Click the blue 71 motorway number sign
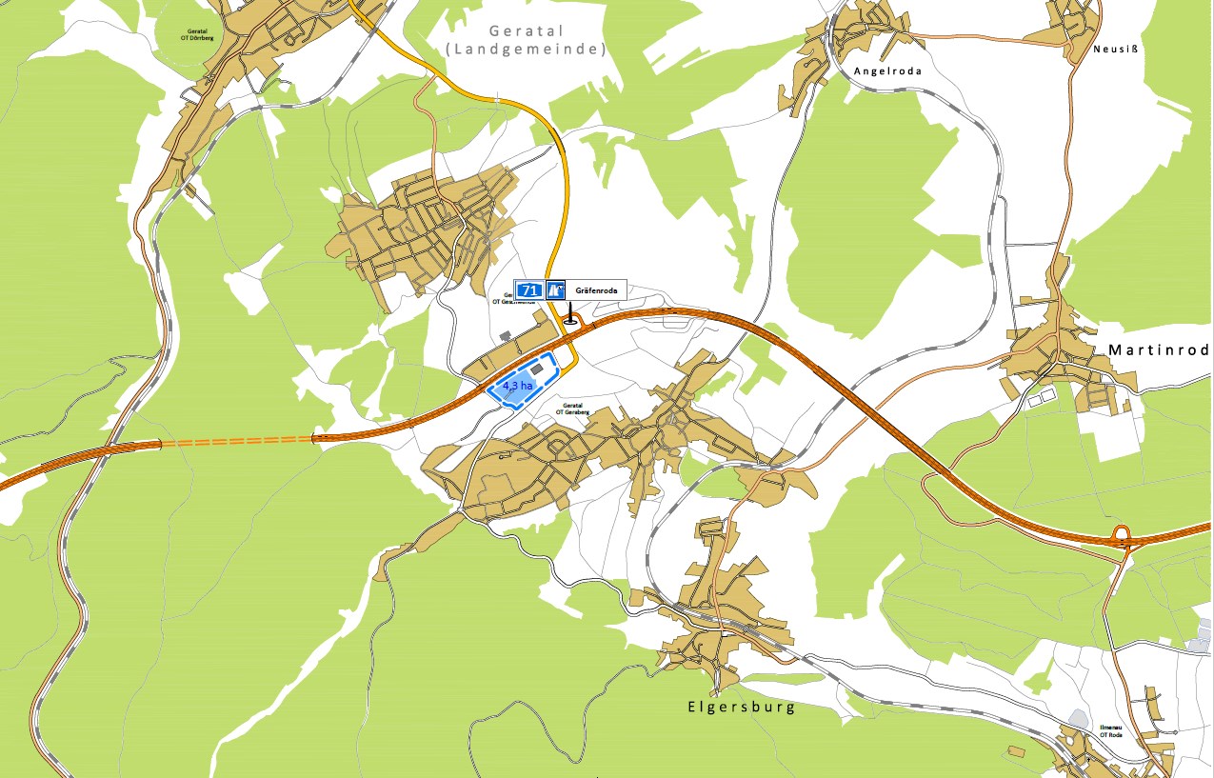[x=528, y=289]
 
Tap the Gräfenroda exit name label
[x=596, y=289]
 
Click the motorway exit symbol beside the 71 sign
[x=556, y=289]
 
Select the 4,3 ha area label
[x=517, y=386]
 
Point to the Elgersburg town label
[x=740, y=708]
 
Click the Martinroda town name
[x=1158, y=350]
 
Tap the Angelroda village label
[x=887, y=70]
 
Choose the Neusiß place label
[x=1116, y=50]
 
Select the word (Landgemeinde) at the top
[x=525, y=50]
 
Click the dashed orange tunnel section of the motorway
[x=238, y=441]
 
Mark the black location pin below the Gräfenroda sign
[x=570, y=315]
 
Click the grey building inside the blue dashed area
[x=537, y=369]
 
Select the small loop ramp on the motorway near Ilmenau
[x=1122, y=534]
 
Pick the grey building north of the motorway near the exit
[x=505, y=335]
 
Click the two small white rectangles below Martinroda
[x=1041, y=397]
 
